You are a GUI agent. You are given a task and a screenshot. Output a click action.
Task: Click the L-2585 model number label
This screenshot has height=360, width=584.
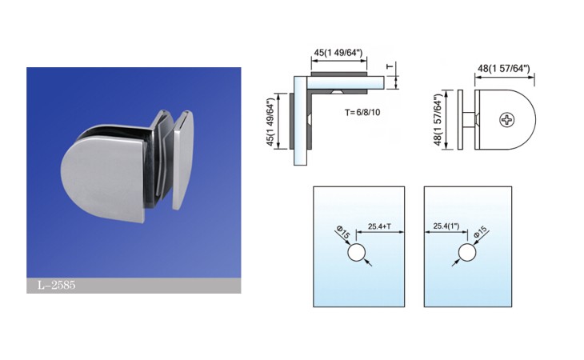[57, 285]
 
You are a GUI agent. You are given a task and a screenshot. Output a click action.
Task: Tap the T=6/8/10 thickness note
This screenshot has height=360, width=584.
[362, 112]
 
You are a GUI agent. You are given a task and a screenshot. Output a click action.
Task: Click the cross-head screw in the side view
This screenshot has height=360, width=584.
[507, 120]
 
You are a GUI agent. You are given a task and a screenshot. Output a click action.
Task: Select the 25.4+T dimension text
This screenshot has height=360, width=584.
[379, 226]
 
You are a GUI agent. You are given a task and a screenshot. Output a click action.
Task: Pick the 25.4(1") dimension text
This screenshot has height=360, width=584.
[446, 226]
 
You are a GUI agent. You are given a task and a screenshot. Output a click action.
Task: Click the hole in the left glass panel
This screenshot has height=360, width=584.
[357, 253]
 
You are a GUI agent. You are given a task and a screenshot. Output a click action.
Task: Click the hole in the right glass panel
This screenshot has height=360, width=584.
[467, 253]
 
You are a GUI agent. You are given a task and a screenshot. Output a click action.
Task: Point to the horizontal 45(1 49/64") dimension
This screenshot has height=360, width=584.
[338, 53]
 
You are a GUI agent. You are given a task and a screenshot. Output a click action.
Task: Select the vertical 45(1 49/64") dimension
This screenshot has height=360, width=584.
[271, 122]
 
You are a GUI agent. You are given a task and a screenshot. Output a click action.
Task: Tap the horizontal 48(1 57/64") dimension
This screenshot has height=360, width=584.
[503, 68]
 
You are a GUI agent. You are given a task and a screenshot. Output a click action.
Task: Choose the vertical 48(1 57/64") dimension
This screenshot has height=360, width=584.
[438, 119]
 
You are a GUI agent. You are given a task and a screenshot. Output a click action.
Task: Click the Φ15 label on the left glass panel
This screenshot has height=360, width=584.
[343, 233]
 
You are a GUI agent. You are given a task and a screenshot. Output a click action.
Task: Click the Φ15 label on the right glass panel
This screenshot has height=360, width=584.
[480, 232]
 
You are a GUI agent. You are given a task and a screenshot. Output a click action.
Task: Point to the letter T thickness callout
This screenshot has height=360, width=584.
[390, 66]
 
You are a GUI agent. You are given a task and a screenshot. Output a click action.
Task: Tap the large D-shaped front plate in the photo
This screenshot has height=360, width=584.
[102, 174]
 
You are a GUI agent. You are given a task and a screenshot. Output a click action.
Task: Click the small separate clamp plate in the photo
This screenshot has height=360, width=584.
[183, 159]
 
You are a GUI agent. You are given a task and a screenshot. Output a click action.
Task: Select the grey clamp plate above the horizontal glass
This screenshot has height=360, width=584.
[339, 74]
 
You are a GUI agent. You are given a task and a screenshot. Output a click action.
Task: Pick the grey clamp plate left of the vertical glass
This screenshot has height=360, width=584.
[292, 121]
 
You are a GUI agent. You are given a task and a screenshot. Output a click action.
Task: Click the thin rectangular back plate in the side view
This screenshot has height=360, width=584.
[460, 120]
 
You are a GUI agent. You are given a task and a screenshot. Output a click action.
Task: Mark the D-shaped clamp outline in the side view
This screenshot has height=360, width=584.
[505, 120]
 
